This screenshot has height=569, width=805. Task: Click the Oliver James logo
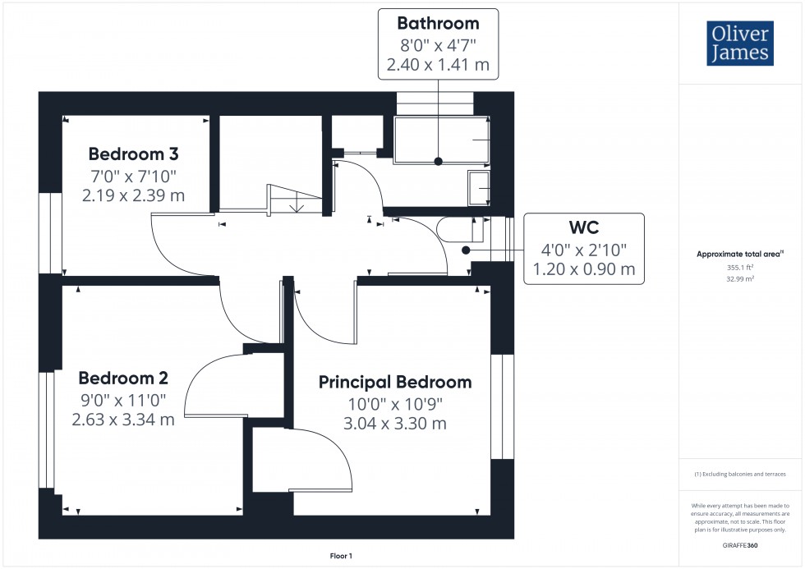point(740,43)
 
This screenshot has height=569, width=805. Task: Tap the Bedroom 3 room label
point(133,154)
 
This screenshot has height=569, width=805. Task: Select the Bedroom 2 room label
point(123,379)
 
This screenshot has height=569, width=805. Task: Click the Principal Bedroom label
point(395,383)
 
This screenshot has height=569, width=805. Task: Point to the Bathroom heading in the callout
point(438,24)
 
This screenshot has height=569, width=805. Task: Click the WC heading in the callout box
point(584,227)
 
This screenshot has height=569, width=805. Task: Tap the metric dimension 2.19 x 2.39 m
point(133,195)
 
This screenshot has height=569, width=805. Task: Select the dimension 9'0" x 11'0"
point(123,400)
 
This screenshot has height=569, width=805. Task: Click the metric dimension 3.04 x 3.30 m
point(395,424)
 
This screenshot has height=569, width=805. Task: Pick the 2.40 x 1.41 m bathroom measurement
point(438,65)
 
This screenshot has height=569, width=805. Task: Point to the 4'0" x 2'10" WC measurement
point(584,250)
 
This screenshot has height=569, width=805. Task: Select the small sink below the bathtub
point(478,188)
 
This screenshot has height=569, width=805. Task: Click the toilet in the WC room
point(460,229)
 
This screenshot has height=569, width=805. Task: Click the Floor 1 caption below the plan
point(341,556)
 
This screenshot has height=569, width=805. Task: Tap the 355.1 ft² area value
point(740,268)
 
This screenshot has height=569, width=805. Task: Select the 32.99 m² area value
point(740,279)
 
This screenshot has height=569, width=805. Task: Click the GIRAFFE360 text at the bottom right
point(740,545)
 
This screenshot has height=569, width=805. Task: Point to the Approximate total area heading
point(740,254)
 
